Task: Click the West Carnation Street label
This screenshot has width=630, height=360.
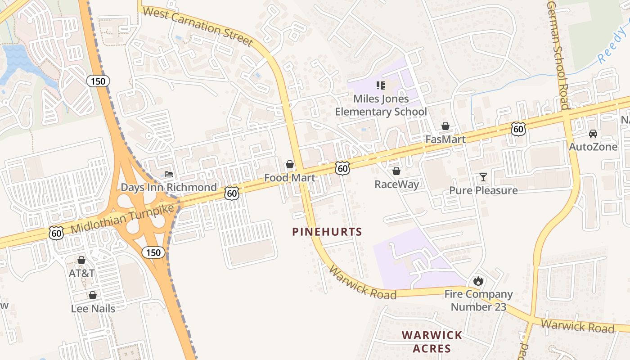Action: pos(198,27)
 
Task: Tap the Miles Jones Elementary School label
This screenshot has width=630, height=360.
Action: pos(381,105)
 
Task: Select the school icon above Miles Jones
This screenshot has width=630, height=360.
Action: pos(381,85)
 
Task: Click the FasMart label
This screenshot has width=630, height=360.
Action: pos(445,139)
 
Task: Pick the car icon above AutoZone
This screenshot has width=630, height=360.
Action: pos(593,134)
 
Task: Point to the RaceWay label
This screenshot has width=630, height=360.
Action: pos(396,184)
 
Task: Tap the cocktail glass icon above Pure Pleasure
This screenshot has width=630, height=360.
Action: pos(483,177)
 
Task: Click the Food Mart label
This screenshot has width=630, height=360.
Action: pos(289,177)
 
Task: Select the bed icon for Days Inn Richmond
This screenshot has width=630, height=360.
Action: pos(168,174)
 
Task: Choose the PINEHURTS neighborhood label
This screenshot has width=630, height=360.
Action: pos(327,232)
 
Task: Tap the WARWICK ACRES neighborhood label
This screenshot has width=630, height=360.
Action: pos(432,342)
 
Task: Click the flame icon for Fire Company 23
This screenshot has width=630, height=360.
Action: pos(478,281)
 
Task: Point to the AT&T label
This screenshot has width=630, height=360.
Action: pos(81,273)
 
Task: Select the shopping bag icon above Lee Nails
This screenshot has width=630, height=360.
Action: pos(93,295)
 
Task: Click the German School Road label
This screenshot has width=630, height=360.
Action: pos(558,54)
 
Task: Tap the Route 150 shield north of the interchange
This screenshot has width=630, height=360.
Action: pos(98,81)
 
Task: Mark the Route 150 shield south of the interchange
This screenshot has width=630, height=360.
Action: pos(153,252)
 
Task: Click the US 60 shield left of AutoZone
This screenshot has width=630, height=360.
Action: pos(518,129)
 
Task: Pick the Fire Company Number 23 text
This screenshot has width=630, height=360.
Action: pos(478,301)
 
